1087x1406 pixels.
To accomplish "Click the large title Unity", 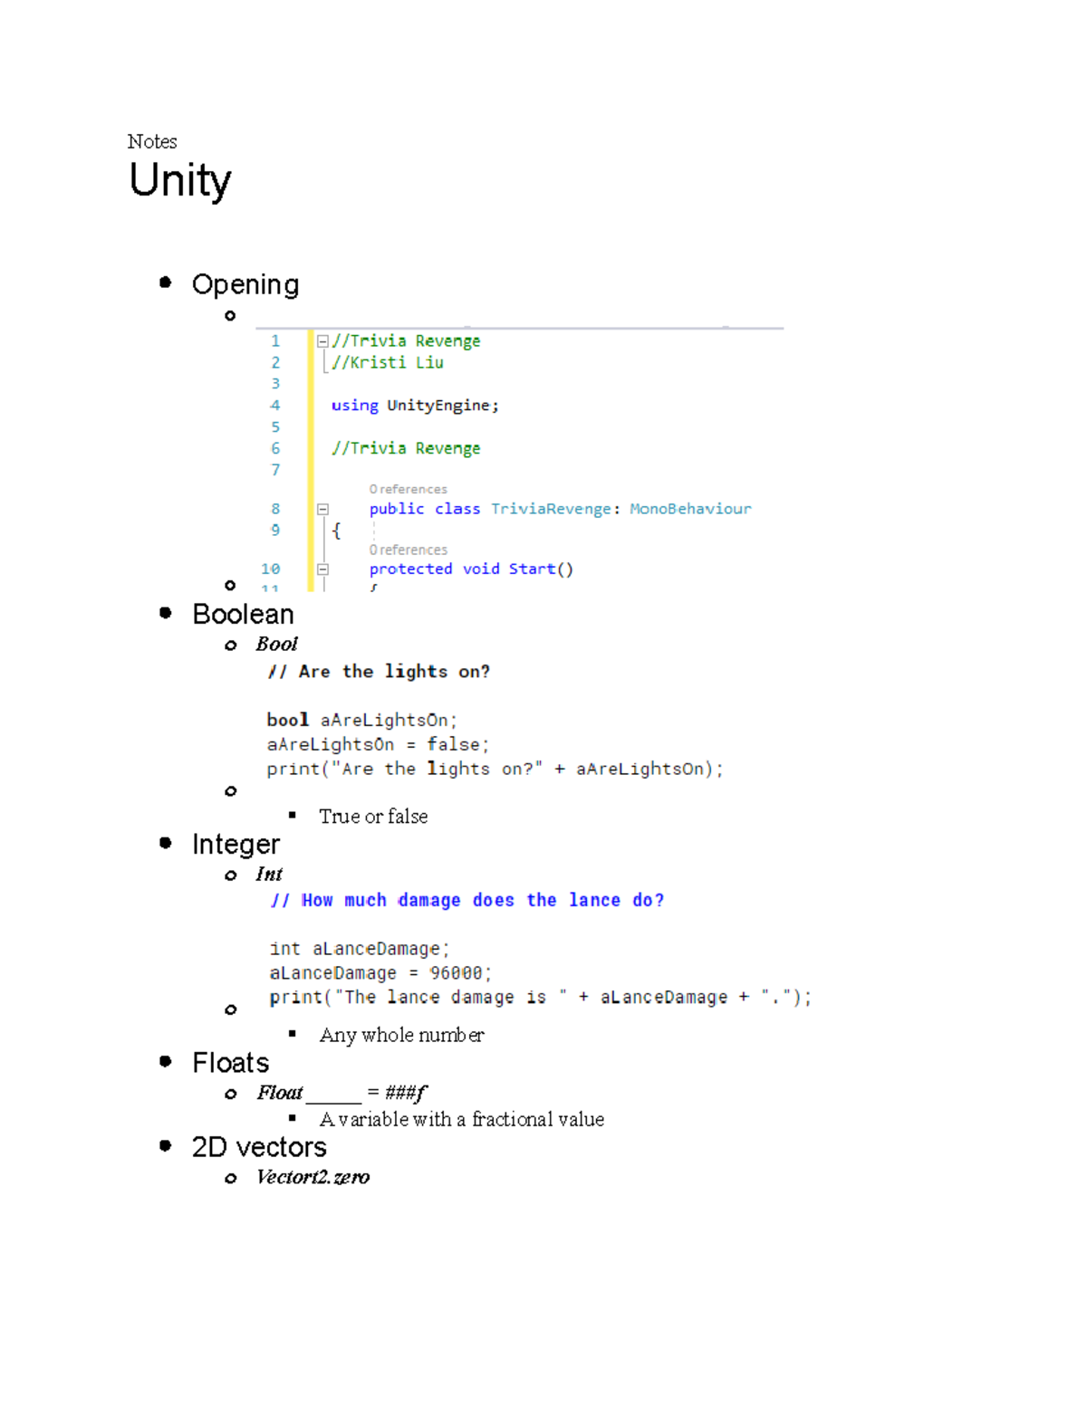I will click(x=179, y=180).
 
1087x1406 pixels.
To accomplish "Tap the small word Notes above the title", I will click(x=152, y=141).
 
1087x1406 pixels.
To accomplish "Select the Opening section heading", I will click(x=245, y=284).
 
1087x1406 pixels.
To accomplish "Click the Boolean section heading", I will click(x=243, y=614).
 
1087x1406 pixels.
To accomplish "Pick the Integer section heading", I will click(x=236, y=844).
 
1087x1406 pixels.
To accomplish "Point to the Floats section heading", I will click(x=230, y=1062).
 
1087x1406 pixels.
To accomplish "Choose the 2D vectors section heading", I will click(x=259, y=1147).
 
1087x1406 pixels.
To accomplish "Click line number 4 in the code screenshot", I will click(x=275, y=406).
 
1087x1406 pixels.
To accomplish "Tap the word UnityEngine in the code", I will click(x=439, y=406).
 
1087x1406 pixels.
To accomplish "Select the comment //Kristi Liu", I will click(x=388, y=362).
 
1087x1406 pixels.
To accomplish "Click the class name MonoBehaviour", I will click(x=690, y=509).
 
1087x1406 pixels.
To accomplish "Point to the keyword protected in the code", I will click(x=410, y=569).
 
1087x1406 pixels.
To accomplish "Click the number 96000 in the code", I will click(x=456, y=973).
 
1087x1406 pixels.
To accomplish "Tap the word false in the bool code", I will click(x=454, y=744).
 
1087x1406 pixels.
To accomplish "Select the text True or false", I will click(x=373, y=817).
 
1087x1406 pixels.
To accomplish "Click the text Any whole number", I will click(x=401, y=1035).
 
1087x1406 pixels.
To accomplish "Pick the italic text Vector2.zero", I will click(x=313, y=1177).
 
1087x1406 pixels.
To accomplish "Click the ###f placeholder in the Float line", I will click(x=405, y=1093).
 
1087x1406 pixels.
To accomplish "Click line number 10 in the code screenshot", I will click(x=271, y=569).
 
